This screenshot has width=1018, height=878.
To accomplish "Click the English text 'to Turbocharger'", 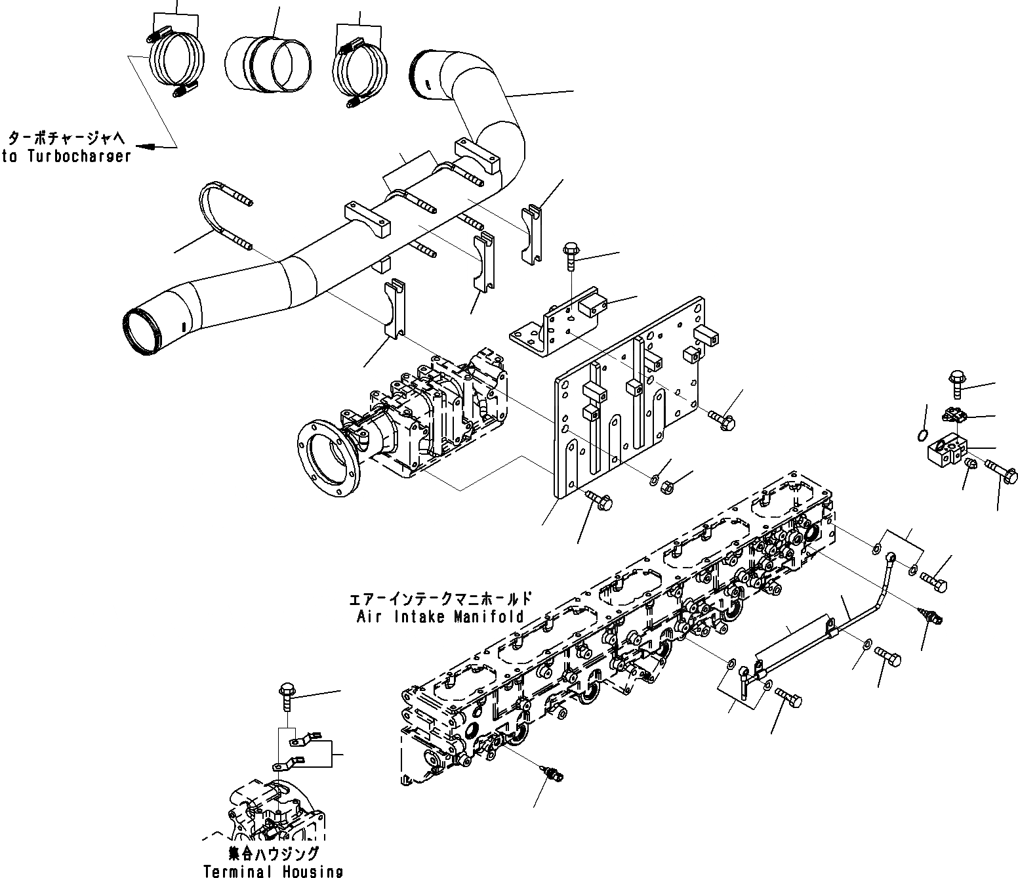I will [x=66, y=156].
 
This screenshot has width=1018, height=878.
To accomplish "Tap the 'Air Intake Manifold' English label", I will [x=440, y=616].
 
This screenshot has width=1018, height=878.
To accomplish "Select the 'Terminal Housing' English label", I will [x=273, y=871].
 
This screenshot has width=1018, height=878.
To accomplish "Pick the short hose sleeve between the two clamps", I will [x=268, y=64].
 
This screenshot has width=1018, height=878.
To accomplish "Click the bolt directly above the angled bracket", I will [x=570, y=259].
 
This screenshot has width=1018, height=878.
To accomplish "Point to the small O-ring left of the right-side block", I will [x=922, y=435].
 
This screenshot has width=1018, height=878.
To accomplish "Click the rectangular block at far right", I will [x=947, y=453].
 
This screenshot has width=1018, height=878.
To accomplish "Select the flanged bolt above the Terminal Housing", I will [x=287, y=701].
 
